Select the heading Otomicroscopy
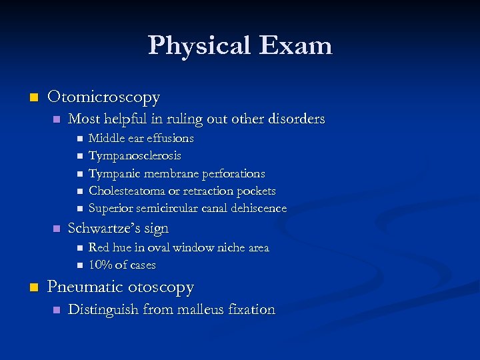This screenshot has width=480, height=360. pyautogui.click(x=103, y=97)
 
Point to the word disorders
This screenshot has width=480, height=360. pyautogui.click(x=295, y=119)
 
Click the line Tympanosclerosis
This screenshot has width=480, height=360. pyautogui.click(x=135, y=156)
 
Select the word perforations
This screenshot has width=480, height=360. pyautogui.click(x=235, y=173)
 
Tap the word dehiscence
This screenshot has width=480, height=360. pyautogui.click(x=259, y=209)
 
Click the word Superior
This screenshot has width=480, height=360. pyautogui.click(x=111, y=209)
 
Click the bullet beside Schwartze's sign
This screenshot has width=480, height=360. pyautogui.click(x=56, y=229)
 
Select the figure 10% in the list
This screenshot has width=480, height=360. pyautogui.click(x=100, y=265)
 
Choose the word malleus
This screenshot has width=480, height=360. pyautogui.click(x=203, y=309)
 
